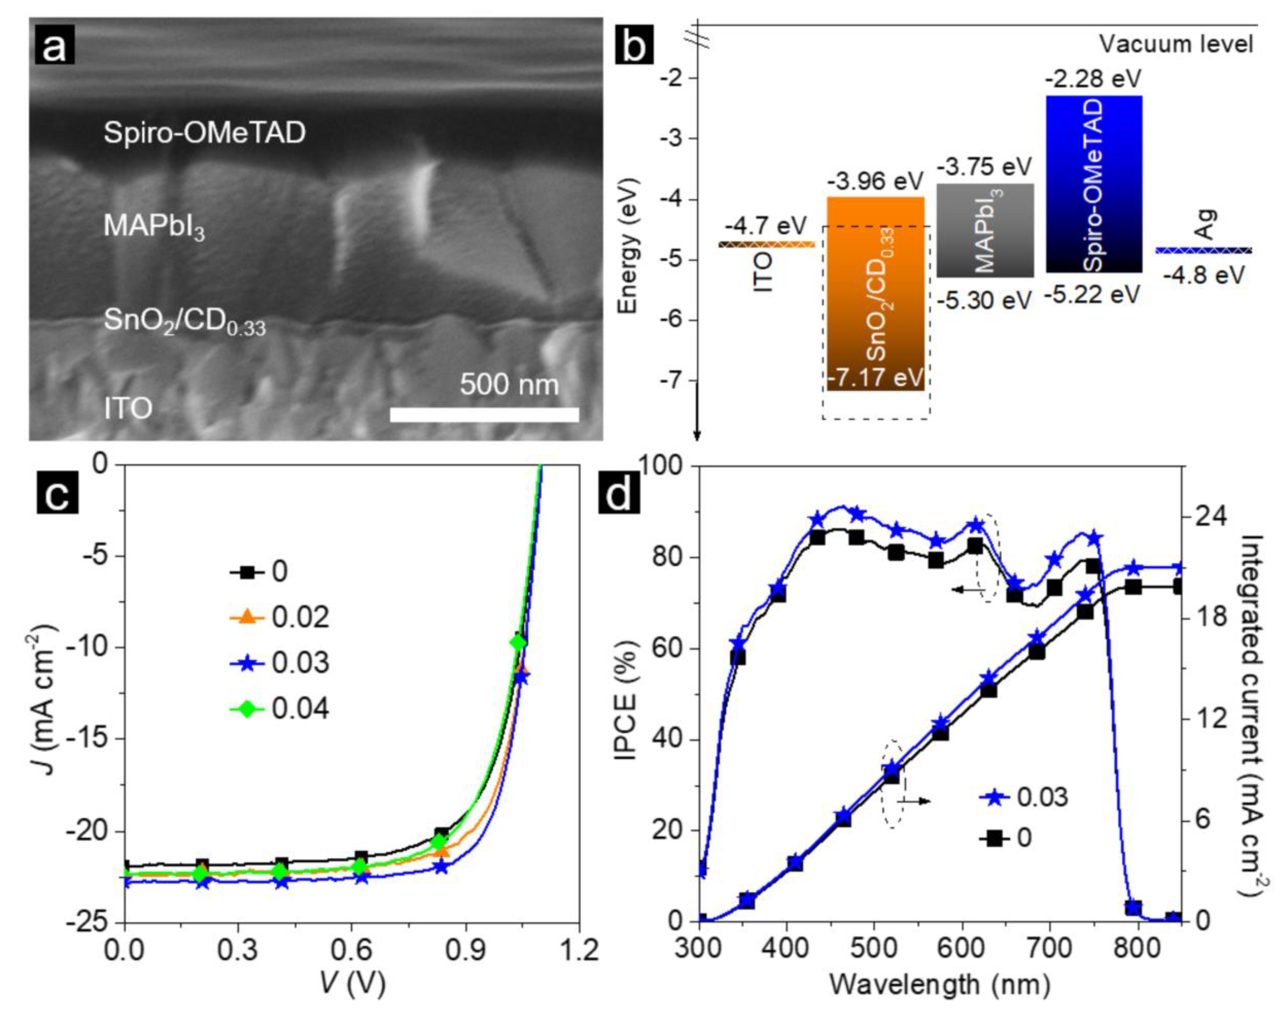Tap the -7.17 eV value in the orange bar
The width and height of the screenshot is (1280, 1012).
[x=875, y=377]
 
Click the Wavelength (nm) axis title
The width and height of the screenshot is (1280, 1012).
[x=939, y=987]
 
